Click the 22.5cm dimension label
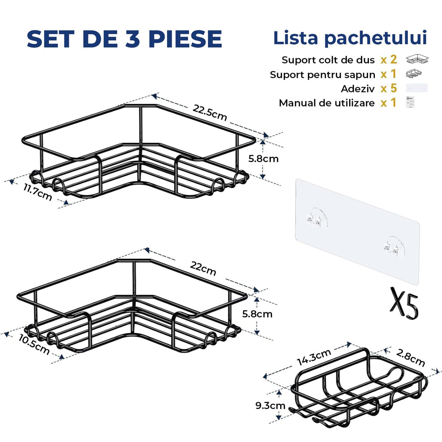(210, 113)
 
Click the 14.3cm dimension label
(314, 357)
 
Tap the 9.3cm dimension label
(270, 405)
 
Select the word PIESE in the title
(186, 39)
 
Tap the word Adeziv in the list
(358, 89)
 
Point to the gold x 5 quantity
(389, 88)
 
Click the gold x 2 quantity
(389, 60)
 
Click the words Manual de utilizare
(327, 103)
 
